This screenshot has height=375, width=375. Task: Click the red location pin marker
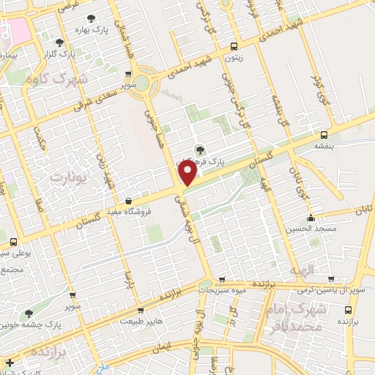pos(188,174)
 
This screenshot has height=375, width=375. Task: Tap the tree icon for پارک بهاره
pos(91,18)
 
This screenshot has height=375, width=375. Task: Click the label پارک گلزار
pos(78,53)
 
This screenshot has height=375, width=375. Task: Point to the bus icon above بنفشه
pos(324,135)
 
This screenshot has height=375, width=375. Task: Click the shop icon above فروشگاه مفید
pos(129,201)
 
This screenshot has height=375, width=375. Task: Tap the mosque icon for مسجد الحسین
pos(311,218)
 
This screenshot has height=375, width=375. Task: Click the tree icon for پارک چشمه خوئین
pos(29,313)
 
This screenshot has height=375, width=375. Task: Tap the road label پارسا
pos(127,278)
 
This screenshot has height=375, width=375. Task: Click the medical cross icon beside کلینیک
pos(10,363)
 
